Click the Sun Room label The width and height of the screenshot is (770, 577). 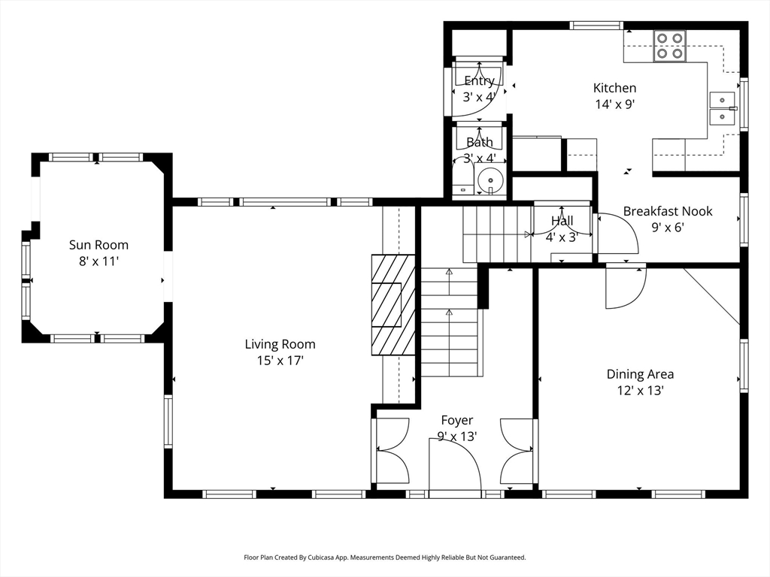99,244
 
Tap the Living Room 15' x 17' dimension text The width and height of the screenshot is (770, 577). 280,361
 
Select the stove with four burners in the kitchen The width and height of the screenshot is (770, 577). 668,46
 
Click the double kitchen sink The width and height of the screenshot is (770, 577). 722,108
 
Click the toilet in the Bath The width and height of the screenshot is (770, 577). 462,179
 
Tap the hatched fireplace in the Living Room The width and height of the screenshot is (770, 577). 393,304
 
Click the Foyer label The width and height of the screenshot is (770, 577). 457,420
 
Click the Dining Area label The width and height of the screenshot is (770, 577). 640,374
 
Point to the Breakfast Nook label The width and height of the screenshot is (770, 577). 668,211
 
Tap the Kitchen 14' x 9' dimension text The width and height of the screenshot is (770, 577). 615,104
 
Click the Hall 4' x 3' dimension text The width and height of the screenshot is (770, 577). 562,237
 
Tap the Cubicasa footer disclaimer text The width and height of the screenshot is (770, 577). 384,557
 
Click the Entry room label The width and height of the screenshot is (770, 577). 479,80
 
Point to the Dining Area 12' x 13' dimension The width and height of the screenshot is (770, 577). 641,391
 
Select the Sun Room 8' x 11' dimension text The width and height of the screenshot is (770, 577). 99,261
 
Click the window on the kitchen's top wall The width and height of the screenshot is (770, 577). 596,26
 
